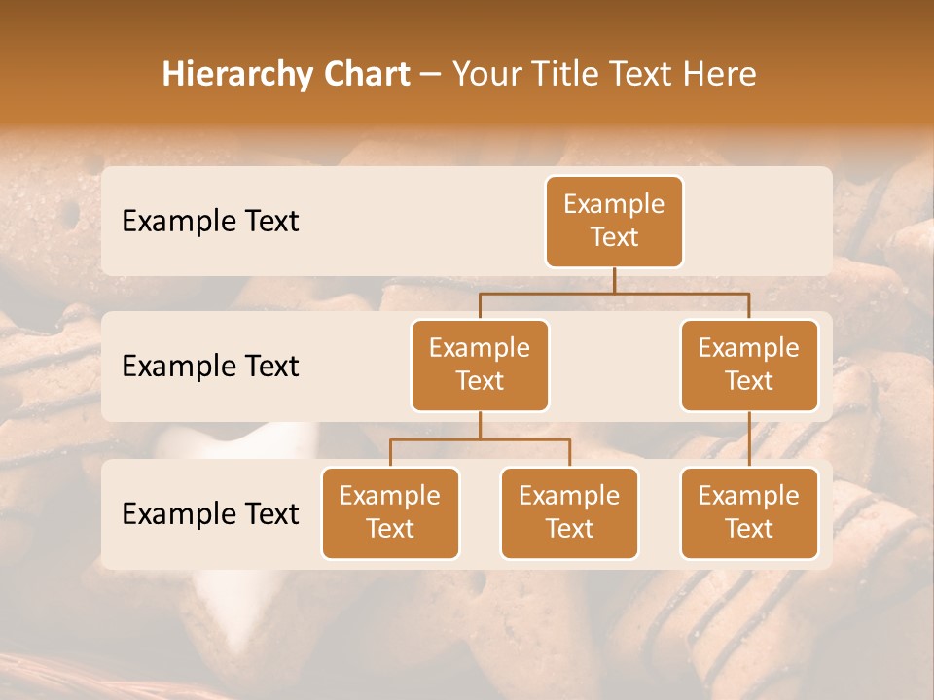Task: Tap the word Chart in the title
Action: (362, 75)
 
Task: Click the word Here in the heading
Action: (720, 75)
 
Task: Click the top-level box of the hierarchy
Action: (614, 221)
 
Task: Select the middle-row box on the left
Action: (480, 365)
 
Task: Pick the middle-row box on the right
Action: (749, 365)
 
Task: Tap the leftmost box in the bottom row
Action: (390, 512)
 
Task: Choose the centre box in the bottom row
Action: (569, 512)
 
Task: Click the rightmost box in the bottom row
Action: (749, 512)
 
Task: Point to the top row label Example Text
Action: (210, 221)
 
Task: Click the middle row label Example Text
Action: (210, 366)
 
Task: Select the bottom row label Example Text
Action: (210, 513)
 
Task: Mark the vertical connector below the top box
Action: (614, 280)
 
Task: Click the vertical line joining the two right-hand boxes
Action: (749, 439)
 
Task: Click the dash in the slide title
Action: (431, 75)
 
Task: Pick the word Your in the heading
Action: (486, 75)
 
